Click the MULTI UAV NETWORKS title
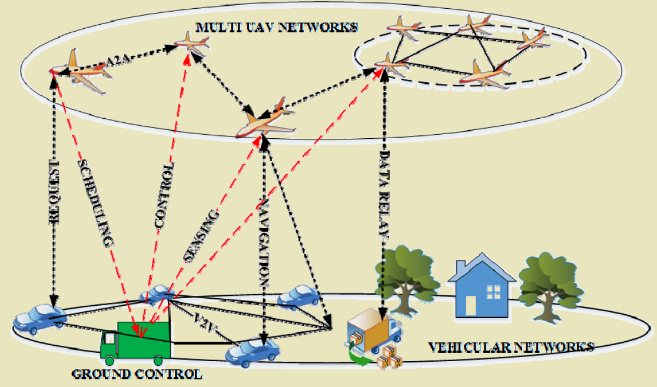point(277,27)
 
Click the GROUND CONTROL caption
point(136,373)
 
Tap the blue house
point(482,286)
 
